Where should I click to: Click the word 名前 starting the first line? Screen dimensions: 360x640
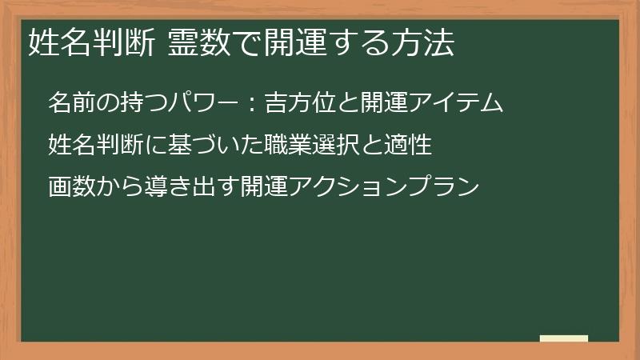click(x=70, y=103)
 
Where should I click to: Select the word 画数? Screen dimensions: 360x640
click(x=70, y=187)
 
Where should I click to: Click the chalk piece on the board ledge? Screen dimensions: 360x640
click(x=563, y=339)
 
